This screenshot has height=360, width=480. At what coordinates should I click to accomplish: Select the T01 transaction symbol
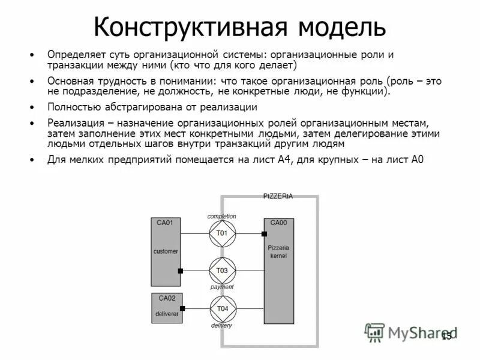222,233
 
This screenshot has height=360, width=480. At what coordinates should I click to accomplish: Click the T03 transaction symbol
222,271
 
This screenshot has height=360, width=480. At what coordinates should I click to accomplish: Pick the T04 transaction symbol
222,309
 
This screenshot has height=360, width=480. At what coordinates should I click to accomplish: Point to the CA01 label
164,223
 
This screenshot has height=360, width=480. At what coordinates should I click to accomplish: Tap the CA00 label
278,223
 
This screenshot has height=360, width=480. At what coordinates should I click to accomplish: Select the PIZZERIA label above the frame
278,196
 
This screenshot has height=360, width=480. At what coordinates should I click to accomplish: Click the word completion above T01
222,216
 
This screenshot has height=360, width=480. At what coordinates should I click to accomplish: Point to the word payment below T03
222,287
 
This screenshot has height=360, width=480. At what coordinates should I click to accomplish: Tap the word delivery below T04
221,325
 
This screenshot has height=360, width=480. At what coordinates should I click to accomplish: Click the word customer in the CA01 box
166,251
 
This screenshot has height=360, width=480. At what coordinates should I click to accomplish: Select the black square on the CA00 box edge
264,233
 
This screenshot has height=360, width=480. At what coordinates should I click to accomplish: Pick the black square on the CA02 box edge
182,309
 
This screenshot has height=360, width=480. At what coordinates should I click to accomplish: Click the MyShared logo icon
375,332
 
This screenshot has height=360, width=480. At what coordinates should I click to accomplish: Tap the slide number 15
446,337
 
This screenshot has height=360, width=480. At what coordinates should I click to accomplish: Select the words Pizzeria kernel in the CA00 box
278,251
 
